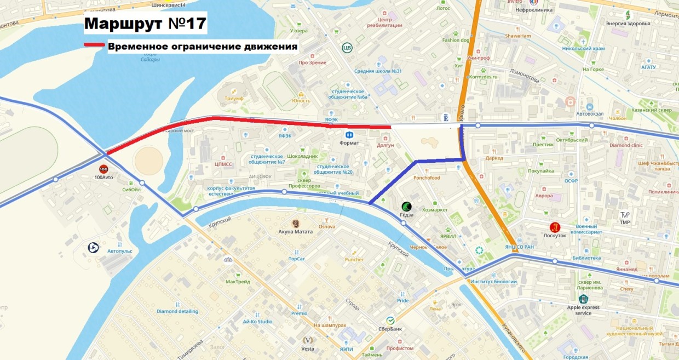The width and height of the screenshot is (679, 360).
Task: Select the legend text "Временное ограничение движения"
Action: [x=203, y=47]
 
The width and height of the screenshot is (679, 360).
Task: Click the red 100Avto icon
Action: [x=103, y=169]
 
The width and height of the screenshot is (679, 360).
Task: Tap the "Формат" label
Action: [x=349, y=143]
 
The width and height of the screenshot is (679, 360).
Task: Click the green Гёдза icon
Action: [x=406, y=207]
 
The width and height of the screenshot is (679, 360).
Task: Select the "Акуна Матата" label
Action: [x=296, y=231]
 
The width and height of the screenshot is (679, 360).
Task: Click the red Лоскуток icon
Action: [x=555, y=227]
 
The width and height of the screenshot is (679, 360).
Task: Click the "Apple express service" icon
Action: [x=583, y=299]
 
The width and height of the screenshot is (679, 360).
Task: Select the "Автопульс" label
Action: [x=120, y=251]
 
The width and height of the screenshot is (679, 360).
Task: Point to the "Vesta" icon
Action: [x=307, y=340]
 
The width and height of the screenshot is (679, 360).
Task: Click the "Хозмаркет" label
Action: [x=435, y=210]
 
